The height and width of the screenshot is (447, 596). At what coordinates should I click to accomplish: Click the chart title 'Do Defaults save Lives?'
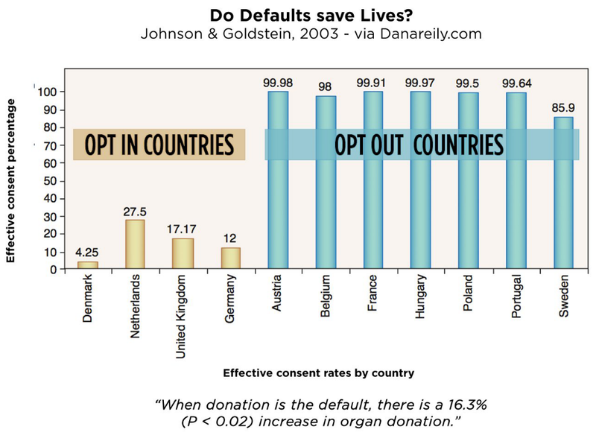pos(297,15)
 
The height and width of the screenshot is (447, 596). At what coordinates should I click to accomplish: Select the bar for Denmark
pos(88,265)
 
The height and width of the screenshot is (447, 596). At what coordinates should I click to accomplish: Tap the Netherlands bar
pos(135,244)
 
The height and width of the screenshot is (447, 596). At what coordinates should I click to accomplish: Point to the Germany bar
pos(230,258)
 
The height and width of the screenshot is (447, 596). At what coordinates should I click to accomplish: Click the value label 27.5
pos(135,212)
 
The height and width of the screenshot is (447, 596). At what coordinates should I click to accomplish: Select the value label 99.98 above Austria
pos(278,83)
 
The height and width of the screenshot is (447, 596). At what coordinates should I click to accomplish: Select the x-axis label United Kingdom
pos(183,317)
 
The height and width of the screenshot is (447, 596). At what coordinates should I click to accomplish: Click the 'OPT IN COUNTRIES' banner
pos(159,143)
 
